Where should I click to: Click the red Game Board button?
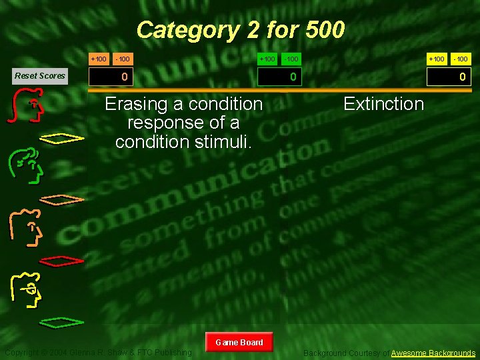click(239, 343)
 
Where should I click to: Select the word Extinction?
click(383, 104)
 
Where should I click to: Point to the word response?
click(159, 123)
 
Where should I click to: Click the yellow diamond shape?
click(63, 139)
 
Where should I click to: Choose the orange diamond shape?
click(63, 199)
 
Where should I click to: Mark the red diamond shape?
click(63, 259)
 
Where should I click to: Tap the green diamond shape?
click(63, 322)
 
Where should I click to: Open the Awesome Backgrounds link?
click(433, 353)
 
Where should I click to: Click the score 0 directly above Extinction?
click(462, 77)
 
